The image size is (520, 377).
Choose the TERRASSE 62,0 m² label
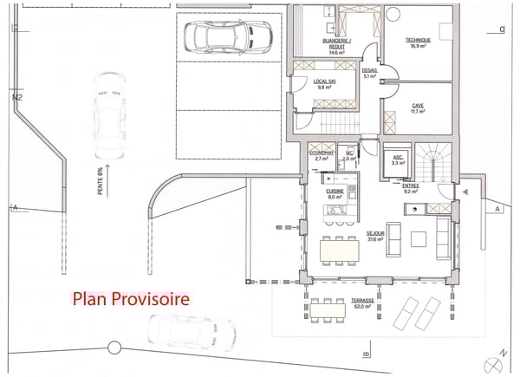pyautogui.click(x=364, y=302)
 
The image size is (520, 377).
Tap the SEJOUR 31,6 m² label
pyautogui.click(x=374, y=237)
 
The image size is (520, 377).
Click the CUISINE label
pyautogui.click(x=335, y=193)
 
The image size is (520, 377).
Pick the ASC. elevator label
pyautogui.click(x=399, y=159)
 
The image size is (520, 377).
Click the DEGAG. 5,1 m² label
pyautogui.click(x=369, y=73)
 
